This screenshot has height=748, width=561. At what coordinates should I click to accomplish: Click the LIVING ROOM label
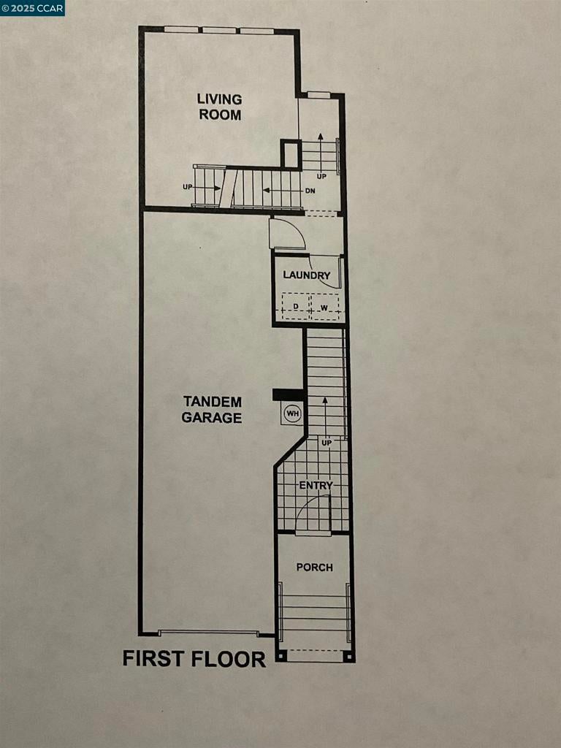coord(219,107)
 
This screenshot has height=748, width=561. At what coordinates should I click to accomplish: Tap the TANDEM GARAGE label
coord(212,410)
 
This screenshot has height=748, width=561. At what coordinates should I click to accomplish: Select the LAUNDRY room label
coord(307,275)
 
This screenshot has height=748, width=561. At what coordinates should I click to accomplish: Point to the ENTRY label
coord(316,485)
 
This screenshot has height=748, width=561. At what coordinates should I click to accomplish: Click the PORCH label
coord(315,567)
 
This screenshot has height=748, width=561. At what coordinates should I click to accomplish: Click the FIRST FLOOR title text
coord(194,659)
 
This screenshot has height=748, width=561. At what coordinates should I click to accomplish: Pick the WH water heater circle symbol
coord(293,414)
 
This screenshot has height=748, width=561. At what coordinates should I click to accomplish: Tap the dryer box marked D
coord(296,308)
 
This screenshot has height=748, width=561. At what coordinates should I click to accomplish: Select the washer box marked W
coord(324,308)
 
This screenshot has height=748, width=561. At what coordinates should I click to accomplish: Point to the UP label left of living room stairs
coord(188,188)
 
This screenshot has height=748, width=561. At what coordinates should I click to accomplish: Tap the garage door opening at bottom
coord(208,633)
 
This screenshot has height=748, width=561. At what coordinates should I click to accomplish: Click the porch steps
coord(315,612)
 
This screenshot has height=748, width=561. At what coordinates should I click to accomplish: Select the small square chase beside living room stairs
coord(291,155)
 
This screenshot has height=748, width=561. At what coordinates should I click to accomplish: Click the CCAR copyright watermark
coord(33,8)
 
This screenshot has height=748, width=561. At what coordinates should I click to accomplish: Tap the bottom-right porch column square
coord(349,657)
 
